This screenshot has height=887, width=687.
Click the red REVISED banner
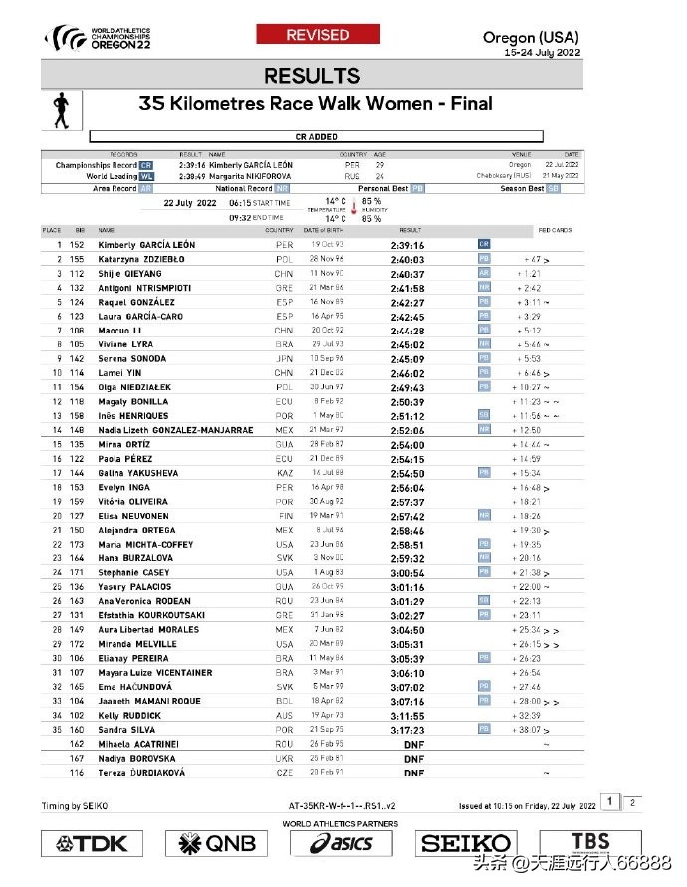318,35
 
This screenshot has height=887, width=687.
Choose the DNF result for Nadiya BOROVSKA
414,759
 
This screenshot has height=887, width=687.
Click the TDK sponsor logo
94,844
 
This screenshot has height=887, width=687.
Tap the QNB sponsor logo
216,844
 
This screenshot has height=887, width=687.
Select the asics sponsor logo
342,844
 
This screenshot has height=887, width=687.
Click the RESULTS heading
313,76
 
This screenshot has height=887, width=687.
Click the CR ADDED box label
316,136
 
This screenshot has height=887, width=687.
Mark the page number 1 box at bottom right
615,801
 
